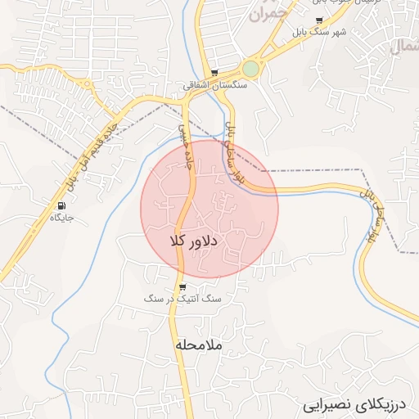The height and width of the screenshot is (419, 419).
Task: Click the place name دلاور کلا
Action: click(x=192, y=241)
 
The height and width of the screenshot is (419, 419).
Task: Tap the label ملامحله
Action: click(x=198, y=345)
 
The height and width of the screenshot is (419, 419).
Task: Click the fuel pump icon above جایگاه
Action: click(x=62, y=205)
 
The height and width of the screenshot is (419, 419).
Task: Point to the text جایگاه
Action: click(x=62, y=218)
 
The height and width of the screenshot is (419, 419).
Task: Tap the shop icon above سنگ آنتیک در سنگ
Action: click(x=182, y=287)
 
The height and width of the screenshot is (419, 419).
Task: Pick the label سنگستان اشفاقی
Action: click(x=214, y=83)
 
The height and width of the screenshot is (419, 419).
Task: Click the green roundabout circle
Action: click(x=250, y=70)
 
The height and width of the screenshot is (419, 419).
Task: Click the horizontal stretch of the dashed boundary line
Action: click(x=319, y=170)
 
